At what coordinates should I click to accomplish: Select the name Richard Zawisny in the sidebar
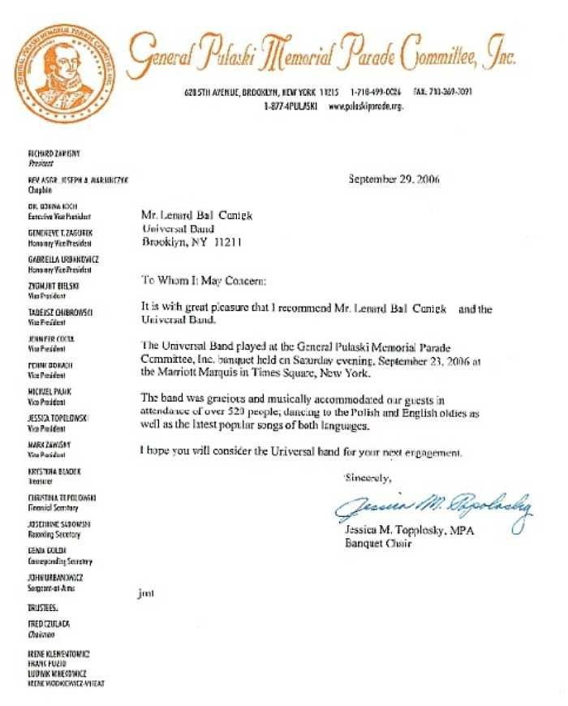coord(52,153)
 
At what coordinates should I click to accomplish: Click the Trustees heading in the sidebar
coord(45,606)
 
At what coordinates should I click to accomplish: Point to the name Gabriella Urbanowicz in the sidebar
coord(63,259)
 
